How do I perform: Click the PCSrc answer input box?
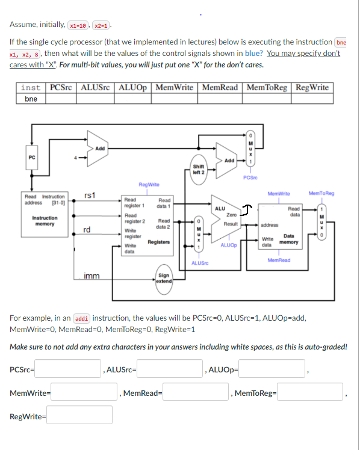click(67, 368)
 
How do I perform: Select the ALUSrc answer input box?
click(169, 368)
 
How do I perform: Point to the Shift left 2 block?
click(199, 169)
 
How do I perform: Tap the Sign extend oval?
click(164, 279)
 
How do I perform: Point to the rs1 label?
click(89, 195)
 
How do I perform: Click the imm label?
click(92, 277)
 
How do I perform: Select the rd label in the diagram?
click(88, 230)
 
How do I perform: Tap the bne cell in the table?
click(31, 99)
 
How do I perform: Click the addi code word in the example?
click(80, 318)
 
